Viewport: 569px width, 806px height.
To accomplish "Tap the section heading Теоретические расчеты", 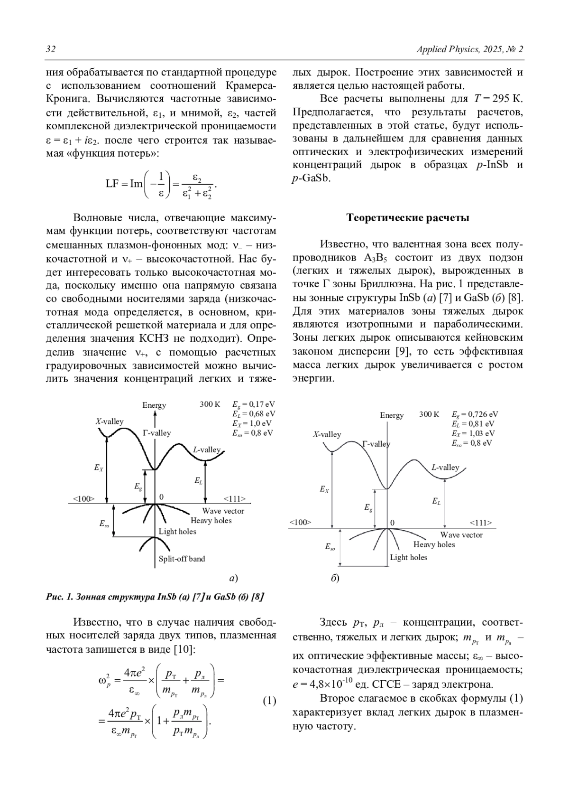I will (408, 218).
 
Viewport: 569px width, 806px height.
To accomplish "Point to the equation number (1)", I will (269, 701).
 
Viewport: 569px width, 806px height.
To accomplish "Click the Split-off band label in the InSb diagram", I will (182, 559).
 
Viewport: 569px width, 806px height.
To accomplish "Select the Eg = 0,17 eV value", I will (253, 404).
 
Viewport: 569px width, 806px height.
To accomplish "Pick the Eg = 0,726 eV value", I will (475, 414).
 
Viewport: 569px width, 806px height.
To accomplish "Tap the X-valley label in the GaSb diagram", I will (327, 434).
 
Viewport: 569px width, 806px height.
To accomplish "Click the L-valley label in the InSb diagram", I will (207, 450).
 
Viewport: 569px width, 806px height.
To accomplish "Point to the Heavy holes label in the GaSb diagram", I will (434, 544).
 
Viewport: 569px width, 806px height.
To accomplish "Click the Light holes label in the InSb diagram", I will (177, 531).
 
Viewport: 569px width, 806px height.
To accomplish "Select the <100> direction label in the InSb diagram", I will (83, 498).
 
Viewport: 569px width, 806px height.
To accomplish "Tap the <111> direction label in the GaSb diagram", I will (481, 523).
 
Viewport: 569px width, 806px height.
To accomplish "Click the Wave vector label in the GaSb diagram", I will (461, 535).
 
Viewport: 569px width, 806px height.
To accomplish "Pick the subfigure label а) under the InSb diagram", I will (233, 578).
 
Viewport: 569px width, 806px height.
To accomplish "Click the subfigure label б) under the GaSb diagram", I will (335, 579).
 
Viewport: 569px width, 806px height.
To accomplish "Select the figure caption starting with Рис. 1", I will (155, 597).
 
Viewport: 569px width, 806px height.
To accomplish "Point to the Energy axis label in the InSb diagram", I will (154, 405).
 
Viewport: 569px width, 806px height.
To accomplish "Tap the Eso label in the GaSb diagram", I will (330, 547).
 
